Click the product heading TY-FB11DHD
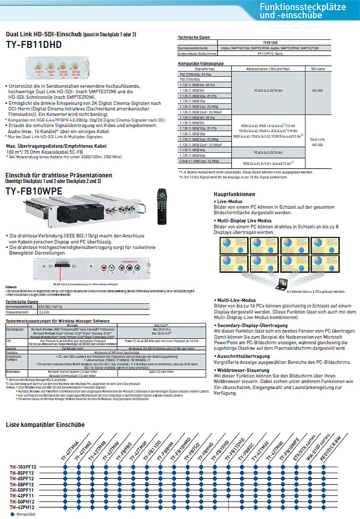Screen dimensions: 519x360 coord(34,45)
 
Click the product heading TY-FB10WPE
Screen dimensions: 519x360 coord(34,191)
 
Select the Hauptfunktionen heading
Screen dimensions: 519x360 coord(234,194)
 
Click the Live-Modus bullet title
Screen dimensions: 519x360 coord(230,202)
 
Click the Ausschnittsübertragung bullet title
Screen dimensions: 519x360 coord(243,356)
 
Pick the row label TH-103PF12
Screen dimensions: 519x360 coord(23,467)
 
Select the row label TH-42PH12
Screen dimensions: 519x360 coord(22,507)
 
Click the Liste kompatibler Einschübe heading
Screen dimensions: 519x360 coord(45,425)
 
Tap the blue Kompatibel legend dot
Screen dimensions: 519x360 coord(13,514)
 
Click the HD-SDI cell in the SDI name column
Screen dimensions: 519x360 coord(317,91)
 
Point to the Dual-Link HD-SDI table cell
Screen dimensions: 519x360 coord(317,142)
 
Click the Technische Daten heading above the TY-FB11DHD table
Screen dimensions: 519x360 coord(194,38)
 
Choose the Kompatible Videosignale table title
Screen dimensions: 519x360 coord(201,64)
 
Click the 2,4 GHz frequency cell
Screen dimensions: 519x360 coord(44,313)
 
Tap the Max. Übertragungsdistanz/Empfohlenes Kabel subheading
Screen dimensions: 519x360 coord(56,146)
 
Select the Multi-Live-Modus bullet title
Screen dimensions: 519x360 coord(236,300)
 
